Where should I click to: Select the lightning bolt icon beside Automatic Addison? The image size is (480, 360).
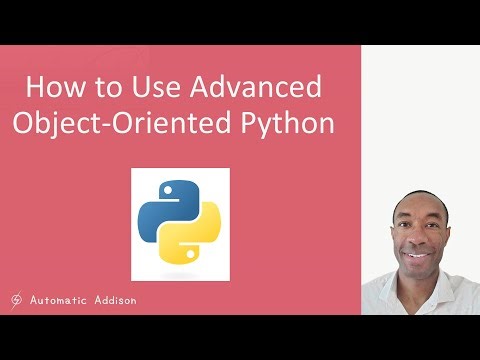coord(17,298)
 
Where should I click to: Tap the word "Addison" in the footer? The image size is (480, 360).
coord(113,298)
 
